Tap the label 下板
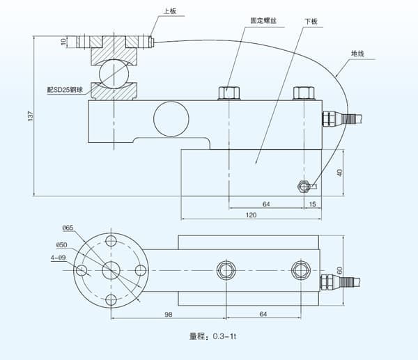click(311, 22)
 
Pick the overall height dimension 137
click(30, 116)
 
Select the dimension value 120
click(251, 215)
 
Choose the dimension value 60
click(341, 269)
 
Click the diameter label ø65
click(68, 228)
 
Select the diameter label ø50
click(62, 245)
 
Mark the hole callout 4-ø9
click(59, 257)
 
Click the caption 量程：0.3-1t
click(213, 337)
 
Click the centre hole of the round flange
click(111, 270)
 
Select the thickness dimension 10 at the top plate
click(63, 42)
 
